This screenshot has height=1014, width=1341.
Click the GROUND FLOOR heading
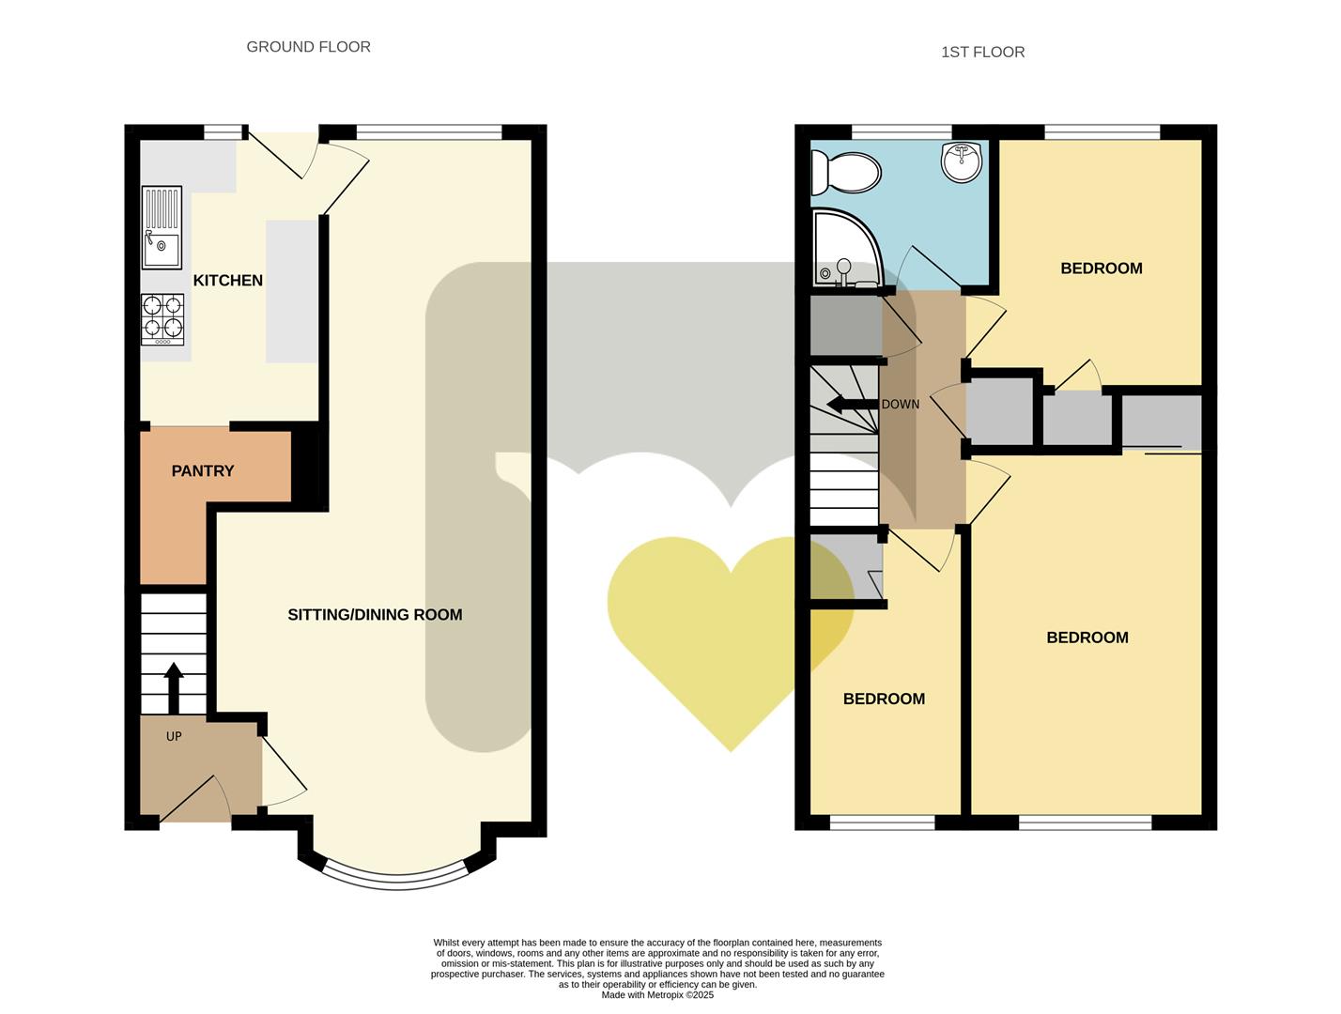(x=308, y=47)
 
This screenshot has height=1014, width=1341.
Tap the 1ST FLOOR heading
(x=982, y=53)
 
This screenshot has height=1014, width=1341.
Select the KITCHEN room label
(x=227, y=281)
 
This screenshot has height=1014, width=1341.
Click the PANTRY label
(x=202, y=471)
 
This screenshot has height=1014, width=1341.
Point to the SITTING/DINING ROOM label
(x=375, y=615)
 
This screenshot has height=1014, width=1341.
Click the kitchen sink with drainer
(x=162, y=227)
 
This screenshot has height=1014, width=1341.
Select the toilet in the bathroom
(x=845, y=173)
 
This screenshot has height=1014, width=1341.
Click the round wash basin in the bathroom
(x=961, y=161)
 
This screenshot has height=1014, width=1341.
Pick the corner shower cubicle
(x=843, y=248)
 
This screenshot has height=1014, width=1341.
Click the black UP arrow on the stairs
(x=174, y=687)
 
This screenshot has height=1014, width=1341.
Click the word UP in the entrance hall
(x=174, y=737)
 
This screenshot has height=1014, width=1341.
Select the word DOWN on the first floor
(x=901, y=405)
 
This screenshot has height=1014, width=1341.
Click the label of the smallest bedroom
(x=884, y=699)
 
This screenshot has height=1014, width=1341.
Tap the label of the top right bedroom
(x=1101, y=269)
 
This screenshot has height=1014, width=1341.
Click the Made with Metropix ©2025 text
(x=657, y=995)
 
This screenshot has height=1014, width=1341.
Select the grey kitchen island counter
(x=292, y=291)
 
